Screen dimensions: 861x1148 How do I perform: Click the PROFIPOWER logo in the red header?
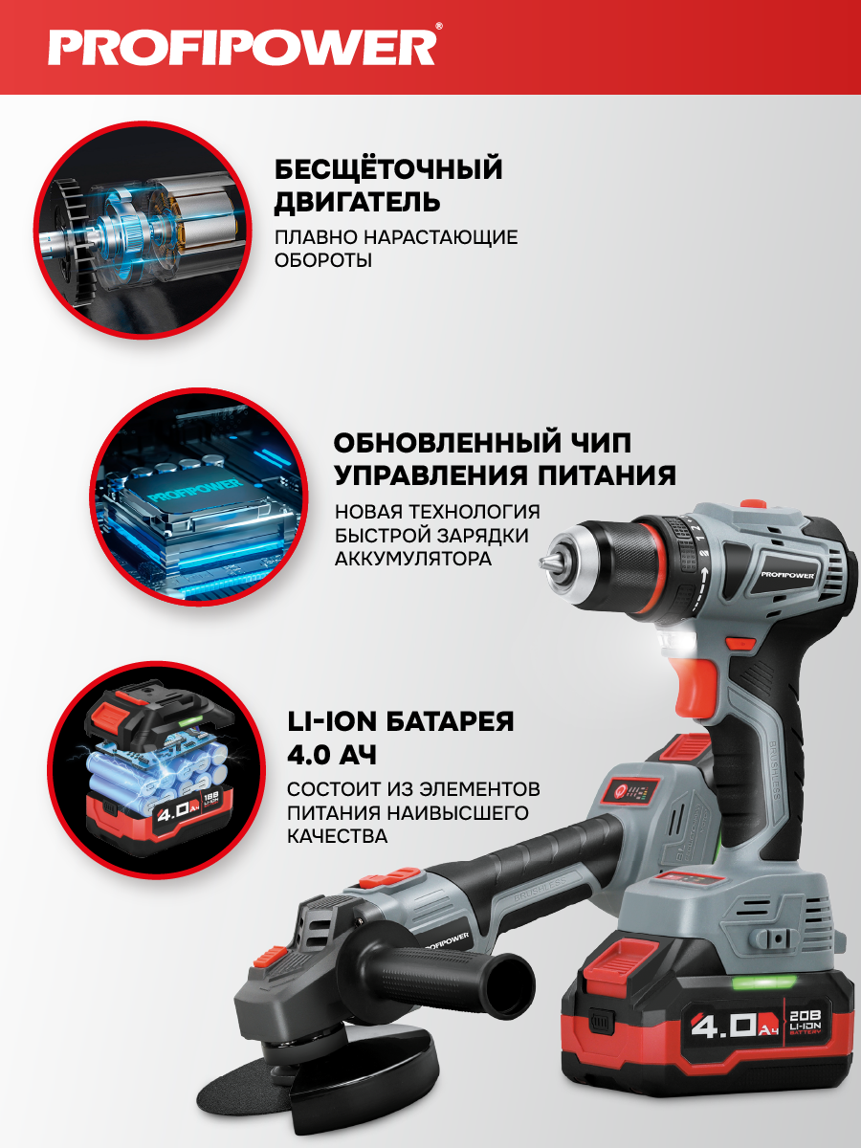pyautogui.click(x=244, y=46)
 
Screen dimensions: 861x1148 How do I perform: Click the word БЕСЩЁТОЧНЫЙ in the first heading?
pyautogui.click(x=388, y=169)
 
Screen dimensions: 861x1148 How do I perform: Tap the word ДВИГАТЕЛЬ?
pyautogui.click(x=357, y=202)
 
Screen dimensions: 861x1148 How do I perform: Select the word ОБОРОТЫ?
pyautogui.click(x=323, y=260)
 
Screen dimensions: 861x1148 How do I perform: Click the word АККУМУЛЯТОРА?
pyautogui.click(x=413, y=559)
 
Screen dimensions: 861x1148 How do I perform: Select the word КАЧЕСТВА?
pyautogui.click(x=337, y=836)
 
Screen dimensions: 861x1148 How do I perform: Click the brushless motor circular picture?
pyautogui.click(x=143, y=231)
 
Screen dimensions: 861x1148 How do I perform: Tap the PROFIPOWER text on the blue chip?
pyautogui.click(x=194, y=490)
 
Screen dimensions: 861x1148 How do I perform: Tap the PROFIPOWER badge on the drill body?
pyautogui.click(x=787, y=575)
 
